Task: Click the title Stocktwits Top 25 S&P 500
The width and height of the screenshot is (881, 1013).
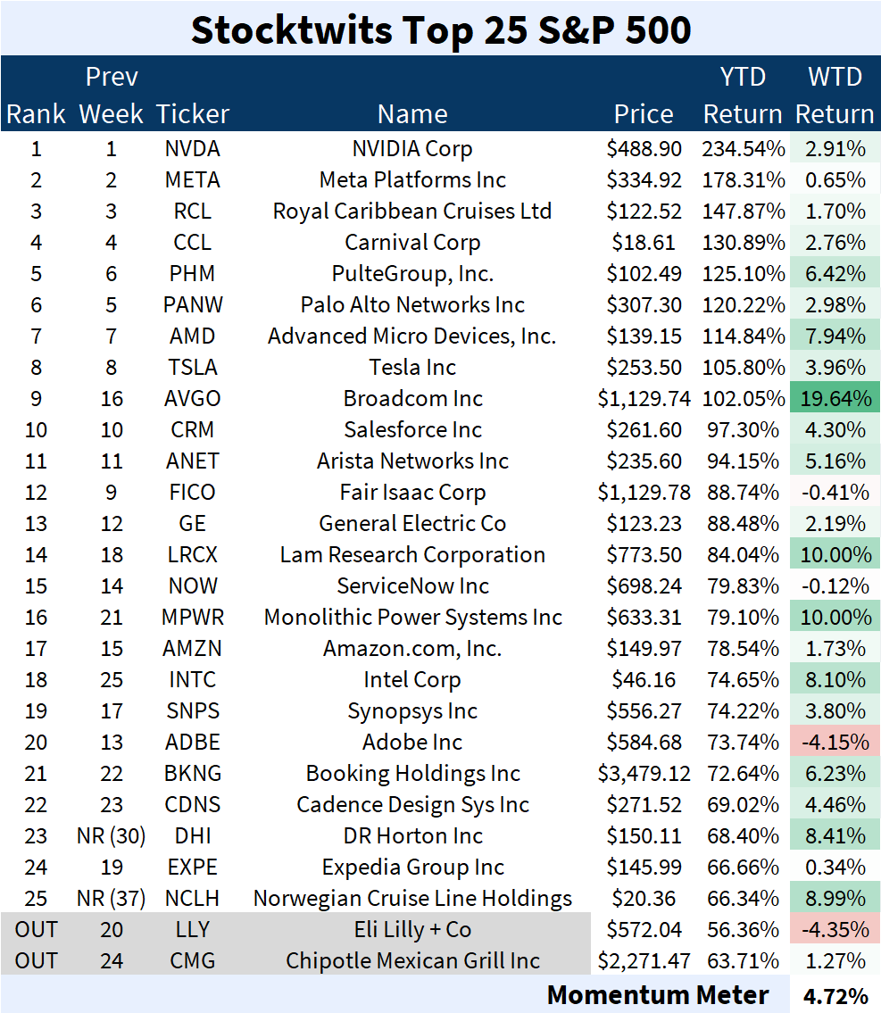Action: pos(441,30)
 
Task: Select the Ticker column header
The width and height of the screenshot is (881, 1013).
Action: pos(193,114)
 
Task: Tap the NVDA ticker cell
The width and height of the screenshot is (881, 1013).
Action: pos(193,149)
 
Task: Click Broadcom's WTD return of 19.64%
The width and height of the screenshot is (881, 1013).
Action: pos(835,399)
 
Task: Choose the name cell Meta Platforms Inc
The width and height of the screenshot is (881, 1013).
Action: pos(412,180)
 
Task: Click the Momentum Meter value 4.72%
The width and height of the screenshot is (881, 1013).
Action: pos(835,995)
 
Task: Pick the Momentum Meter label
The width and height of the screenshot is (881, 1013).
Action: pos(658,995)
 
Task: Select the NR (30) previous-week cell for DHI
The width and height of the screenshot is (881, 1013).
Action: pos(112,836)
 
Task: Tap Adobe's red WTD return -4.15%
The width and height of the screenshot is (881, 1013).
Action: pos(835,743)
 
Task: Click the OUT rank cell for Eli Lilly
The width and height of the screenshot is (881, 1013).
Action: pos(37,930)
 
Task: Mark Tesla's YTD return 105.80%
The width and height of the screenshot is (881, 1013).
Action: pos(743,368)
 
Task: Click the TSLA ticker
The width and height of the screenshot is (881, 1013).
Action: pos(193,368)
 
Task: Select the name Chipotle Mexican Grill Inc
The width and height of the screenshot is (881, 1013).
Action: pos(412,961)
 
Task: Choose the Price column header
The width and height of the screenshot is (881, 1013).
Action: pos(644,114)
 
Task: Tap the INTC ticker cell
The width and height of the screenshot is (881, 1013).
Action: pos(193,680)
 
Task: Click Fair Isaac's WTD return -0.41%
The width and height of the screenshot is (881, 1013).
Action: pos(835,493)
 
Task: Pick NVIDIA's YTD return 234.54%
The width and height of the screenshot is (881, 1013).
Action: pos(743,149)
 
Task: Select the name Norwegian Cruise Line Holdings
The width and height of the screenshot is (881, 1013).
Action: pos(412,899)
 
